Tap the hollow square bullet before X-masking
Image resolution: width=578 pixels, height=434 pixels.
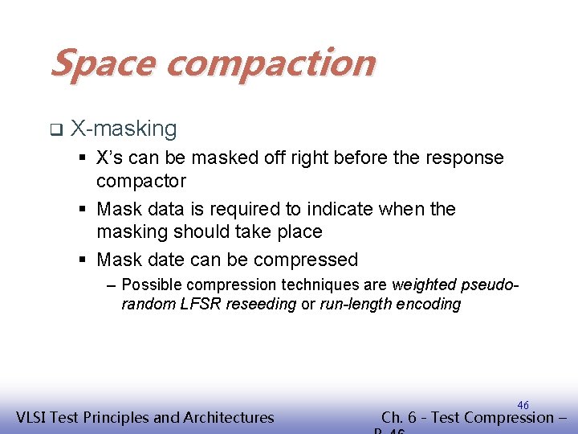click(55, 129)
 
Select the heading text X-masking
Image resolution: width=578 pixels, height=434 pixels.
click(124, 129)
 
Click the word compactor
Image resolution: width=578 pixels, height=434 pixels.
click(141, 181)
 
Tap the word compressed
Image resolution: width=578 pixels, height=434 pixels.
click(307, 260)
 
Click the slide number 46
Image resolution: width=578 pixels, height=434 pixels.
click(523, 405)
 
